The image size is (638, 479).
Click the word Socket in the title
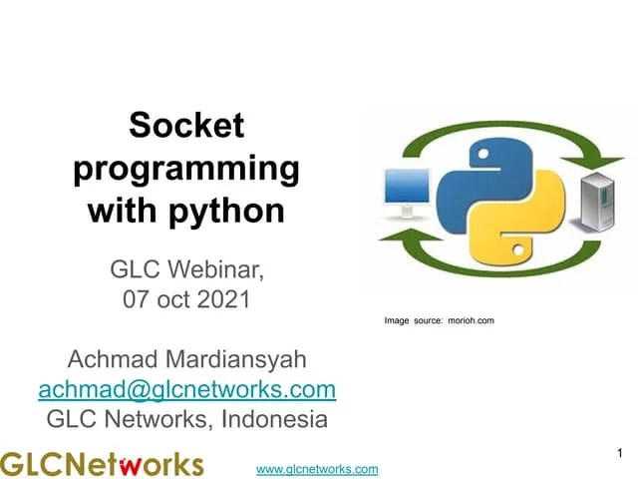pos(186,127)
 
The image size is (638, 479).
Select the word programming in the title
pos(186,169)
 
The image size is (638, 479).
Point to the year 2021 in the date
pos(221,297)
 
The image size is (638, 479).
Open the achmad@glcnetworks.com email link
pos(186,388)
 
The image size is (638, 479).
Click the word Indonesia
pos(270,418)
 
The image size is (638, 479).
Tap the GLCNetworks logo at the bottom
pos(102,464)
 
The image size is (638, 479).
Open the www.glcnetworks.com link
pos(317,469)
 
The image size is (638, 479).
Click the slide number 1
pos(620,454)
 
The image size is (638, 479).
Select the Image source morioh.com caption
pos(439,320)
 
